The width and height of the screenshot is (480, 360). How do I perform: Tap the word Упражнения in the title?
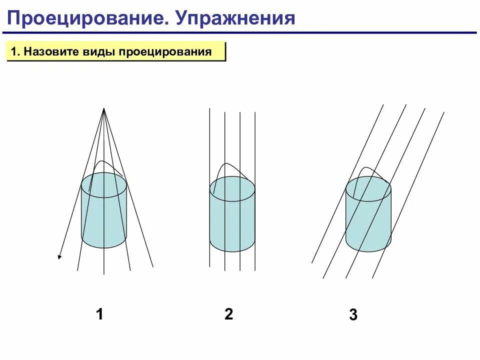[234, 18]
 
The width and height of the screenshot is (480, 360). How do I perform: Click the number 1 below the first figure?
[100, 314]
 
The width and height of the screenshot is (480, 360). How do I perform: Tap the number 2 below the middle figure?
[228, 314]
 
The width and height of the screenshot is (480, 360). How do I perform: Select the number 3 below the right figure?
[353, 315]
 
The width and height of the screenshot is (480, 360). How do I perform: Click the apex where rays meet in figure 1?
[104, 108]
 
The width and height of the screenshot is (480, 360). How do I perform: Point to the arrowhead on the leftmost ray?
[59, 257]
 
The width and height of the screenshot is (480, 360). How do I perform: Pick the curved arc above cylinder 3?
[367, 168]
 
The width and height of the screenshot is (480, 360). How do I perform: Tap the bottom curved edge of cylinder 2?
[232, 251]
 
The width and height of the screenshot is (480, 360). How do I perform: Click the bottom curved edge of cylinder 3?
[368, 251]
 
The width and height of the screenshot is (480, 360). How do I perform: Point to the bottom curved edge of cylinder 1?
[104, 247]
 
